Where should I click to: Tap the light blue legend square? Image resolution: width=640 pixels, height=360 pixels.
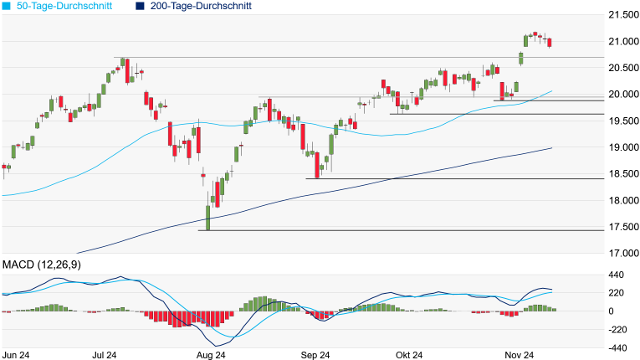click(x=6, y=6)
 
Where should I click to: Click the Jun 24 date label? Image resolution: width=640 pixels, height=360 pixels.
click(x=18, y=354)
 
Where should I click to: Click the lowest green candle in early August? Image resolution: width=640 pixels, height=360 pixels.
click(x=207, y=217)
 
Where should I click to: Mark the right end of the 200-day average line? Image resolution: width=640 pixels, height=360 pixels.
click(x=552, y=148)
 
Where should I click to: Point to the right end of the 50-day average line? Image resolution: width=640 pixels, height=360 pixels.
click(x=552, y=90)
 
